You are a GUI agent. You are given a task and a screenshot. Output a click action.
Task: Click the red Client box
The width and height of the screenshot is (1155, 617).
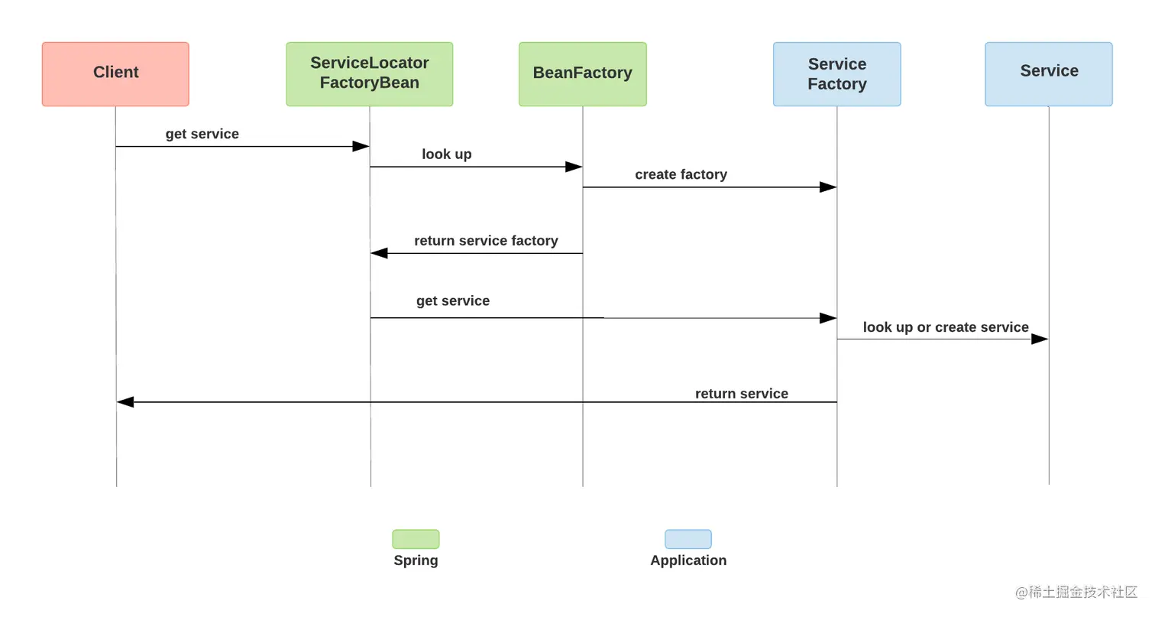(x=115, y=74)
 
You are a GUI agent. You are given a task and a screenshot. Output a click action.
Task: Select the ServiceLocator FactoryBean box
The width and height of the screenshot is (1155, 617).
(x=370, y=74)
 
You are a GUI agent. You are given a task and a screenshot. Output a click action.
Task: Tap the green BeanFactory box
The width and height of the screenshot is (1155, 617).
(x=583, y=74)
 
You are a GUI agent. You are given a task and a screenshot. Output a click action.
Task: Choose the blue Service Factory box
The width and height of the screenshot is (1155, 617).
(x=837, y=74)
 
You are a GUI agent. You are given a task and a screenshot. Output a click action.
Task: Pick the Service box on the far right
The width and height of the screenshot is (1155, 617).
(x=1049, y=74)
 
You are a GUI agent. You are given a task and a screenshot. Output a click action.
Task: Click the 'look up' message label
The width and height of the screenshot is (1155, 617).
(x=447, y=154)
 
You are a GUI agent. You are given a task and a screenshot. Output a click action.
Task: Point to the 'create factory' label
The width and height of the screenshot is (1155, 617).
(x=681, y=174)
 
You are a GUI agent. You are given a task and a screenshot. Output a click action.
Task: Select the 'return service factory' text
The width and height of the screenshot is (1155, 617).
(x=487, y=240)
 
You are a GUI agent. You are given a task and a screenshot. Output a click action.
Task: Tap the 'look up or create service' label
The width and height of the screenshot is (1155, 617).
(x=946, y=327)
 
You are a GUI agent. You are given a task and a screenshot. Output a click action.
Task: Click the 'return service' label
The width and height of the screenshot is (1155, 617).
(x=742, y=394)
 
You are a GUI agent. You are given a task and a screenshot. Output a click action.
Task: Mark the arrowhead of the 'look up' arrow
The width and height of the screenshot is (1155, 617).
(x=574, y=167)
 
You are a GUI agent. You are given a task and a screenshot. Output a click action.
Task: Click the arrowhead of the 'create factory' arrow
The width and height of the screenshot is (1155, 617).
(x=828, y=187)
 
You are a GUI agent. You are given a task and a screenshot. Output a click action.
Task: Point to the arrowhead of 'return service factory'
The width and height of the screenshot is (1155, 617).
(x=379, y=253)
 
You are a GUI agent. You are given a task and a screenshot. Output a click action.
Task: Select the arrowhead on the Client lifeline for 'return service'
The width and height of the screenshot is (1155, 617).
(x=125, y=402)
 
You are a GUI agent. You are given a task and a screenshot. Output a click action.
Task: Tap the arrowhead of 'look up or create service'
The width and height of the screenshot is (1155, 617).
(x=1040, y=339)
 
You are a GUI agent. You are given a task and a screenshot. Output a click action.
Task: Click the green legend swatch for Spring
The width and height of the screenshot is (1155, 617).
(x=416, y=539)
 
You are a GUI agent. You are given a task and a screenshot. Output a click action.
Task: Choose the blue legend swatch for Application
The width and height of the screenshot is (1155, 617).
(x=687, y=539)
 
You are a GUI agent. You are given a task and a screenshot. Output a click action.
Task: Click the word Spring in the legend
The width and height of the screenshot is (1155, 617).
(x=416, y=560)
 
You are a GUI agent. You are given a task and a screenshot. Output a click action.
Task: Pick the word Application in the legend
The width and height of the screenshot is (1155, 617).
(x=688, y=560)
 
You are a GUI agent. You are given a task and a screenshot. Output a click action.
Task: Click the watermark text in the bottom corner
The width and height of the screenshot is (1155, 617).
(x=1076, y=593)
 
